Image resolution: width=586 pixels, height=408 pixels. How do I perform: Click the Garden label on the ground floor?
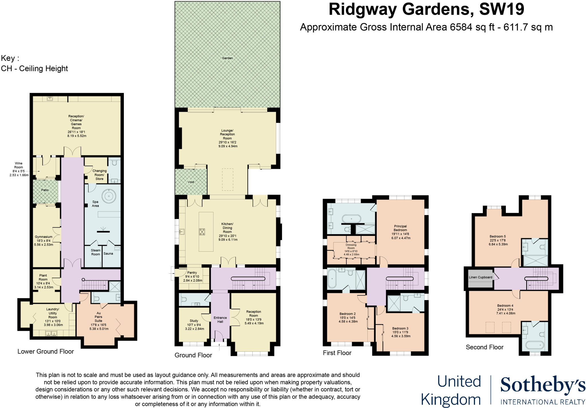tap(227, 58)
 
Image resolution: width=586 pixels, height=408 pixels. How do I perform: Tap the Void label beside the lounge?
tap(191, 182)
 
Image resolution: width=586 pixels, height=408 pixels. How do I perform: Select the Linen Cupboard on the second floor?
tap(480, 277)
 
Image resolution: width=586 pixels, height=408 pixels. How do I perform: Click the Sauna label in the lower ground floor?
tap(108, 254)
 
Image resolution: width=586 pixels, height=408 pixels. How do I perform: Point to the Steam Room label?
tap(96, 252)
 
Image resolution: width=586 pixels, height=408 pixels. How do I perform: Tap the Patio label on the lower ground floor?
tap(45, 190)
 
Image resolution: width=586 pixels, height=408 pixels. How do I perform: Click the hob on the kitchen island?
tap(202, 232)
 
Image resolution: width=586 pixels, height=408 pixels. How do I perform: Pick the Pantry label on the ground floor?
tap(192, 273)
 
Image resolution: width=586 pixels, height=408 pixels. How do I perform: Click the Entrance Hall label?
tap(220, 320)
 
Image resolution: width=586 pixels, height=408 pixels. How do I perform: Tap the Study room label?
tap(194, 321)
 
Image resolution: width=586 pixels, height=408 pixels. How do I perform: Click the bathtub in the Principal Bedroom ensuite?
tap(351, 219)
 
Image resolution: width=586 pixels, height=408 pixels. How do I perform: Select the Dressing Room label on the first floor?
tap(351, 246)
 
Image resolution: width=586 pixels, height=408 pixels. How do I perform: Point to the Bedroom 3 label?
tap(400, 328)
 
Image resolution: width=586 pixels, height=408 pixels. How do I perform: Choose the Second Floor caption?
tap(484, 347)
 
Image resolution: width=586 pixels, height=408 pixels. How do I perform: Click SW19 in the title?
tap(501, 9)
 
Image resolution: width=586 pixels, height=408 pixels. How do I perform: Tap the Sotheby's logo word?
tap(543, 385)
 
